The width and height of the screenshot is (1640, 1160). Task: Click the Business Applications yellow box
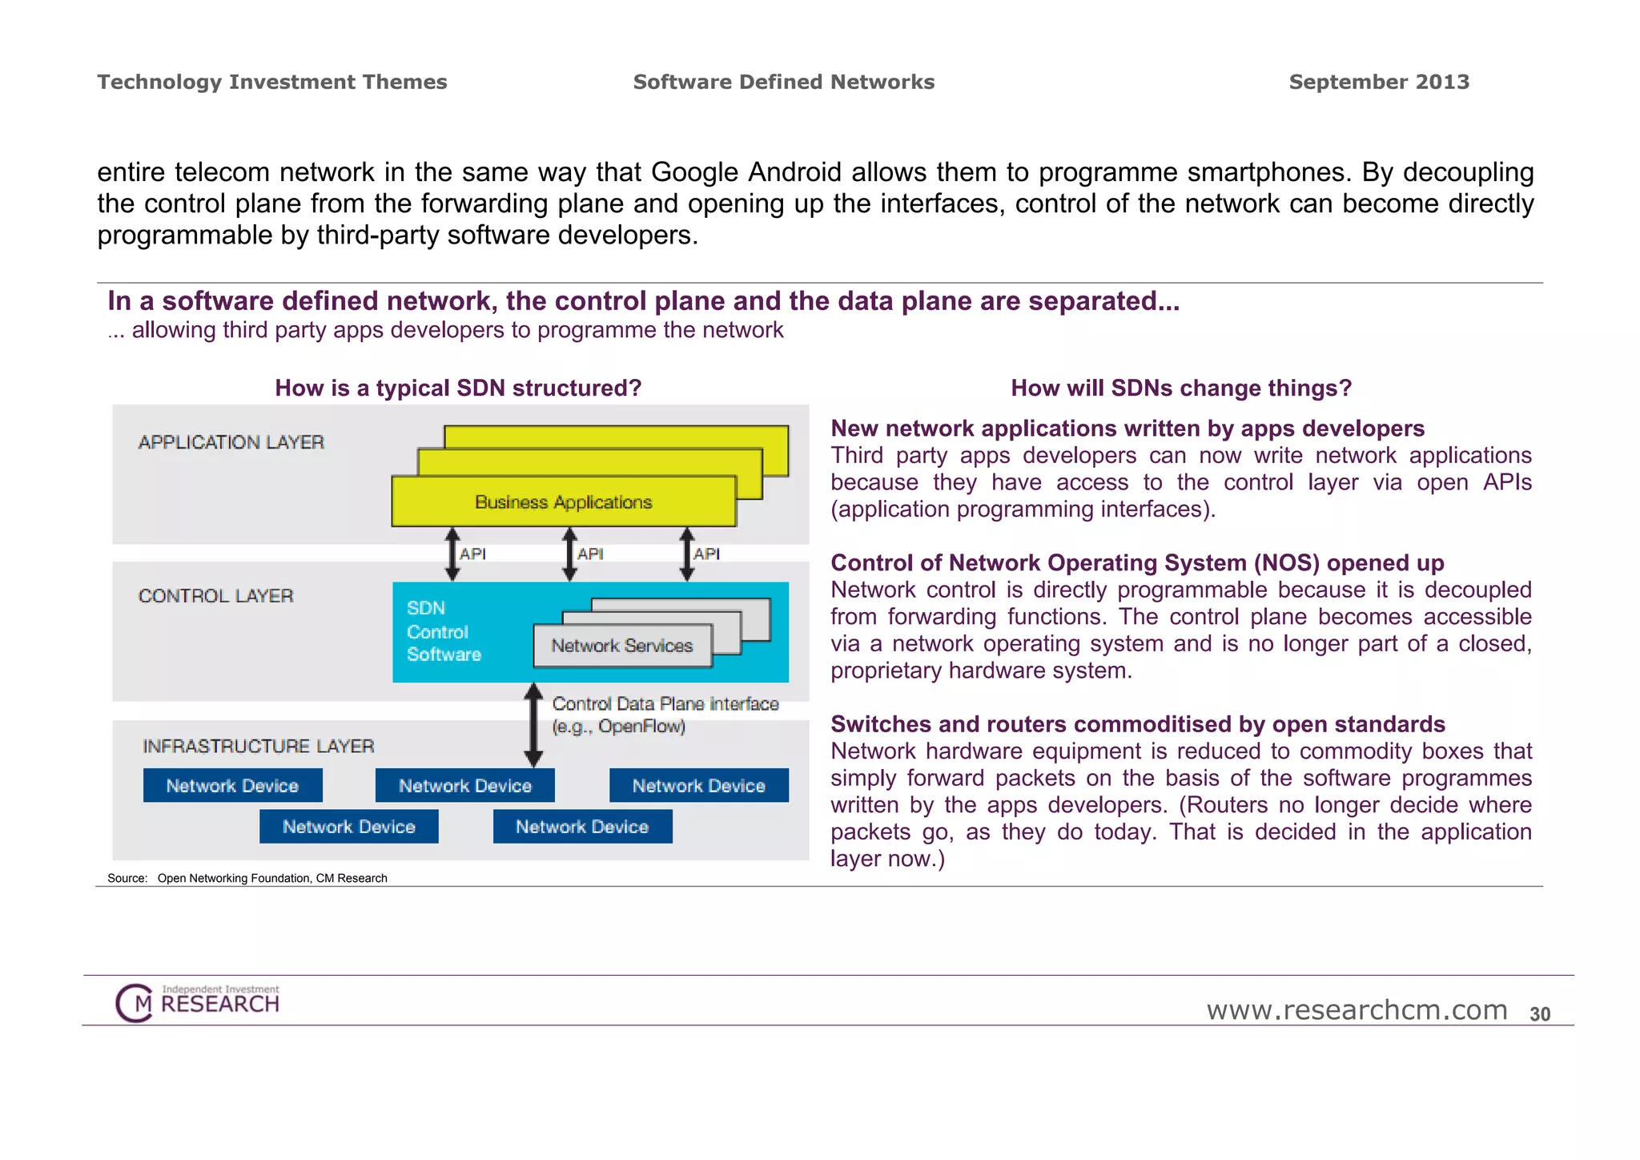click(x=564, y=501)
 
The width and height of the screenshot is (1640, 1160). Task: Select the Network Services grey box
click(x=622, y=646)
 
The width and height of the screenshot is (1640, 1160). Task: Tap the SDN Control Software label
click(x=443, y=631)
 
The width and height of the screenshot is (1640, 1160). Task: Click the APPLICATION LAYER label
click(x=231, y=442)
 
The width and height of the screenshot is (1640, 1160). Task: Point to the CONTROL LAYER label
click(x=216, y=596)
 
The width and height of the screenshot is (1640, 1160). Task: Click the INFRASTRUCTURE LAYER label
click(x=259, y=747)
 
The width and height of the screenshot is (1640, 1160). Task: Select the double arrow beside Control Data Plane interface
click(x=533, y=725)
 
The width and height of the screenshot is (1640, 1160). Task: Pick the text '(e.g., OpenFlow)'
click(x=619, y=727)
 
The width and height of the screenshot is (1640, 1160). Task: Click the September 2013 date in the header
click(x=1379, y=82)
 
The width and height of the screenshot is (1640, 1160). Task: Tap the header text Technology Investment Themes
click(x=272, y=82)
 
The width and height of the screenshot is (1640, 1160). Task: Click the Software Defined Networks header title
click(x=784, y=82)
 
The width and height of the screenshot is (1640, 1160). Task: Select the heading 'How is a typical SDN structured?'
click(x=458, y=388)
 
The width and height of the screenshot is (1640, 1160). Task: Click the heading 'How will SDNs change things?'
click(x=1181, y=388)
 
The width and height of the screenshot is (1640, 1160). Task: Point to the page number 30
click(x=1540, y=1014)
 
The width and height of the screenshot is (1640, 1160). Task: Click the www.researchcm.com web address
click(x=1357, y=1010)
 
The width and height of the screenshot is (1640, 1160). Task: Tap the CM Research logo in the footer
click(x=198, y=1002)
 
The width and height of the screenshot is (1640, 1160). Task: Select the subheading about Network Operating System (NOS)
click(x=1137, y=562)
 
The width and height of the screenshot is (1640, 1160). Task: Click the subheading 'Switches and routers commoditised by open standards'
click(x=1138, y=724)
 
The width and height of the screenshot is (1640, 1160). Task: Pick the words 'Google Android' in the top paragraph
click(x=746, y=172)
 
